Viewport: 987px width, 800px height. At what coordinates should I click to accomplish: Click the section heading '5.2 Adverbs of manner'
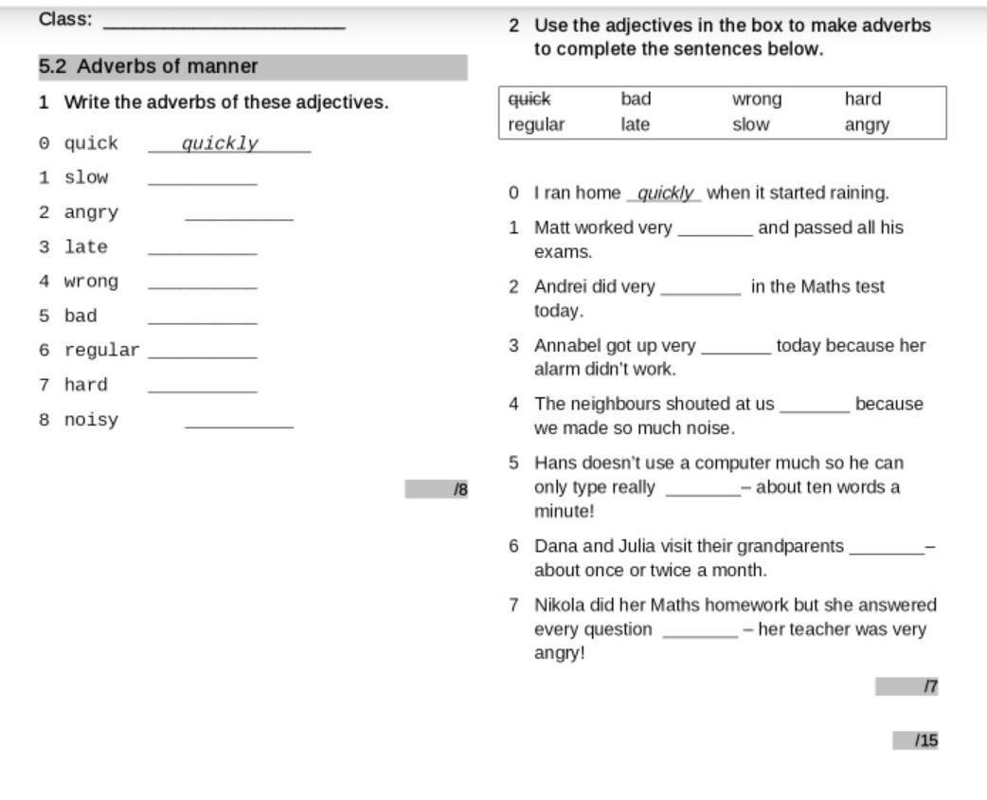[149, 66]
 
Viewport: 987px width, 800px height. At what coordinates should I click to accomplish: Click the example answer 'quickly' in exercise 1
[220, 144]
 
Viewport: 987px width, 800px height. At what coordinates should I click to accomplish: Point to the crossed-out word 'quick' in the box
[529, 99]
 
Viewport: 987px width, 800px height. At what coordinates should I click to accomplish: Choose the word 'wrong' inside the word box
[757, 99]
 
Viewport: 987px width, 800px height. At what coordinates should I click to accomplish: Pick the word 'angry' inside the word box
[867, 124]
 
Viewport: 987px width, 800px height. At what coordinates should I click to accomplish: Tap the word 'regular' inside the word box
[536, 124]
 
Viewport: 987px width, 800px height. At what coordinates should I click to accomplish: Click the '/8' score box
[436, 489]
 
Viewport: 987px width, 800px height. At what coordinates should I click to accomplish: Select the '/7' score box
[906, 686]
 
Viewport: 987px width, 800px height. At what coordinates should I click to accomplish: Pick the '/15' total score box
[915, 740]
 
